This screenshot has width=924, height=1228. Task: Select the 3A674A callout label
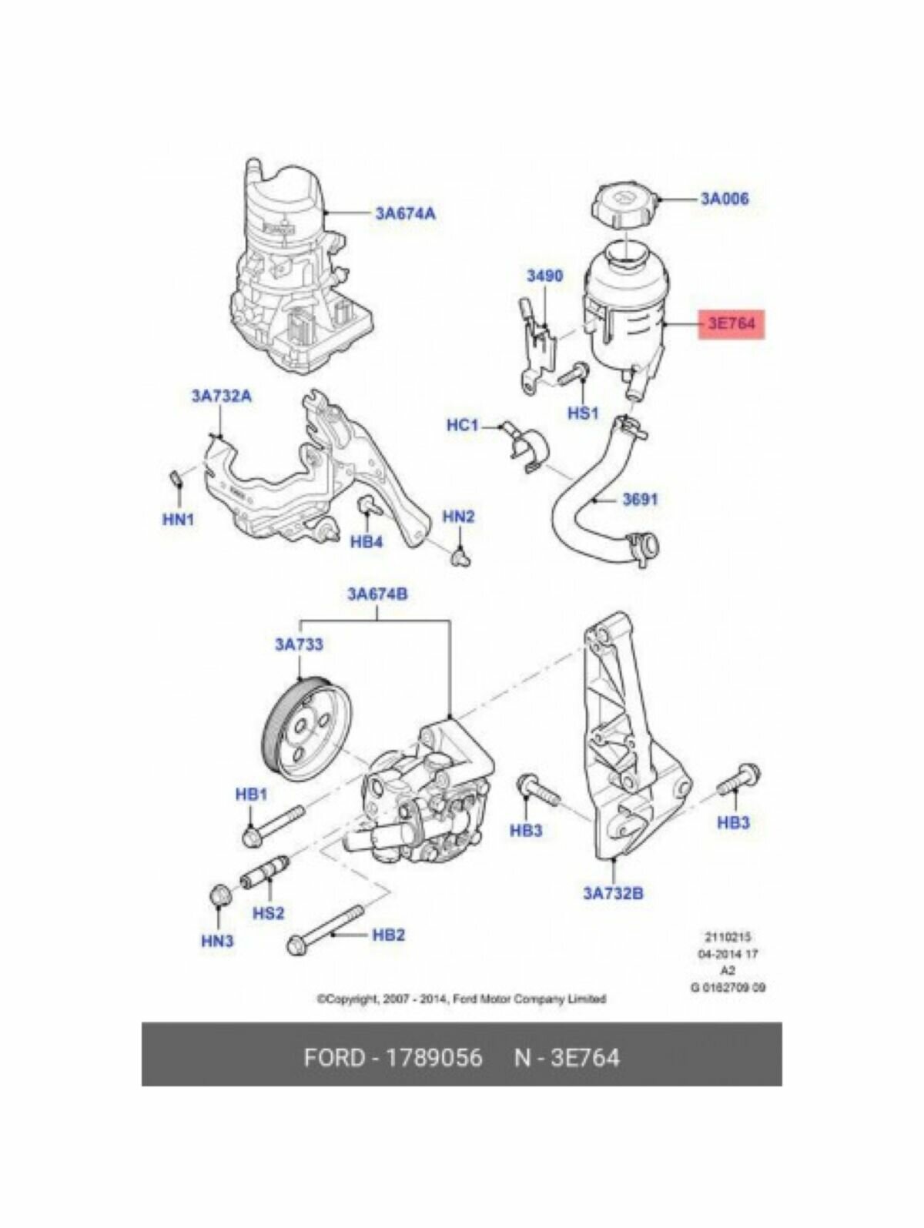pos(405,213)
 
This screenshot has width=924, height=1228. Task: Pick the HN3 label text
pos(217,941)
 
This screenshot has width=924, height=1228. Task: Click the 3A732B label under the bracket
pos(613,894)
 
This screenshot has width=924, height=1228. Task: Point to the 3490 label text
pos(544,276)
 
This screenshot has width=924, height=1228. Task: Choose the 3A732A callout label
pos(221,397)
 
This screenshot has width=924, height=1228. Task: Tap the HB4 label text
pos(367,542)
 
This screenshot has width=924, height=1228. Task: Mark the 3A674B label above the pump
pos(377,594)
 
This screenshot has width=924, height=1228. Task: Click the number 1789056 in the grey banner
pos(434,1057)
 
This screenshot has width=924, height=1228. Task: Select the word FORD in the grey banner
pos(333,1057)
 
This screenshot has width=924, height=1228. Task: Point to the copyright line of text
pos(461,999)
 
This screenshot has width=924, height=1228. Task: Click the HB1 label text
pos(251,794)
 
